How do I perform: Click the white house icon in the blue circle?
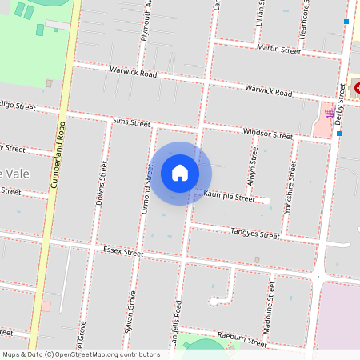[x=180, y=172]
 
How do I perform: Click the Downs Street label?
[x=102, y=183]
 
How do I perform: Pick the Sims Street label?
[x=131, y=122]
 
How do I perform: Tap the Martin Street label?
[x=278, y=50]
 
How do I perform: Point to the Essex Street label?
[x=123, y=251]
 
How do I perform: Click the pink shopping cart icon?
[x=329, y=113]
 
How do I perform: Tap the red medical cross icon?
[x=356, y=87]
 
